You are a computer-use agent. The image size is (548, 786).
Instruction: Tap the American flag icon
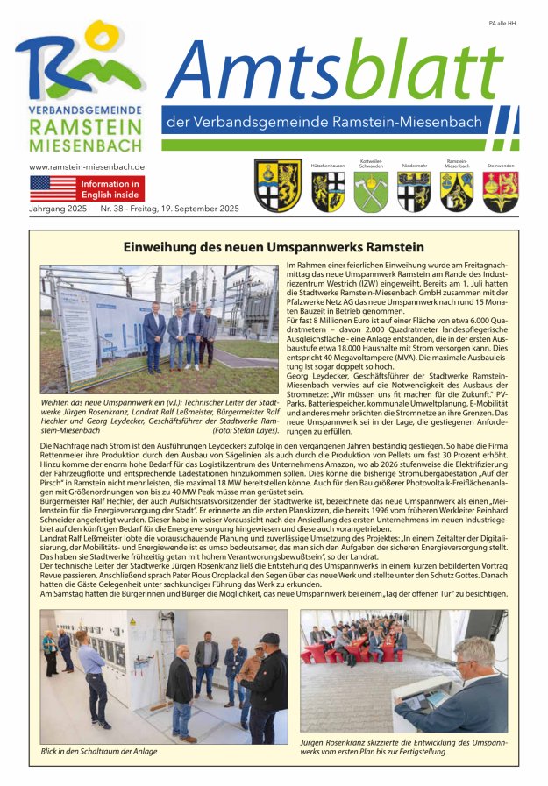(53, 188)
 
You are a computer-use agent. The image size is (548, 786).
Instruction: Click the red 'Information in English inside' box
(110, 188)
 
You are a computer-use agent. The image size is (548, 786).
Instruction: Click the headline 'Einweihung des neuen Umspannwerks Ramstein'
(274, 247)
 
